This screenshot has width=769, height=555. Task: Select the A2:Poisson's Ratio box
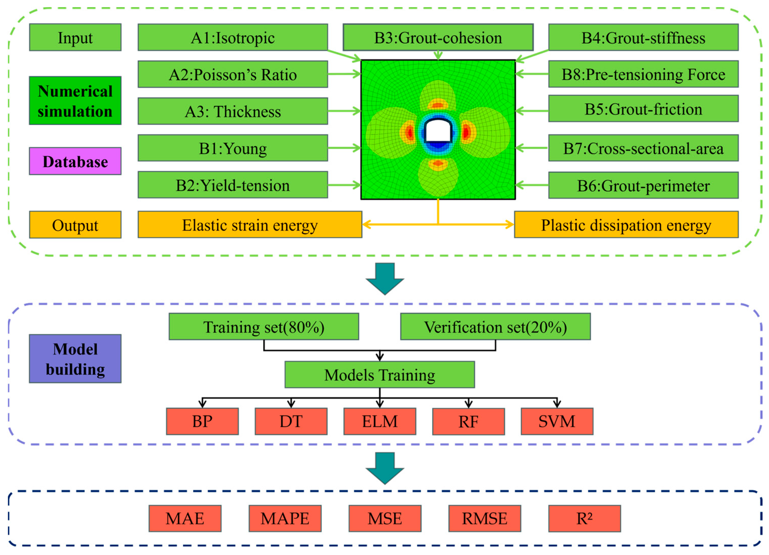[233, 74]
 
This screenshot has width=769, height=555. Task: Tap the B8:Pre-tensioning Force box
[643, 74]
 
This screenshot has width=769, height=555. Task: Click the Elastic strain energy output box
[250, 225]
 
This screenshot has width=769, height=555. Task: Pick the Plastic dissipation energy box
[626, 225]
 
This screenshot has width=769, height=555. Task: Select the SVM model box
[557, 421]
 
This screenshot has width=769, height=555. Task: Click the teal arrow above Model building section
[385, 278]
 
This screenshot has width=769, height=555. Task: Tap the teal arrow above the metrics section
[385, 467]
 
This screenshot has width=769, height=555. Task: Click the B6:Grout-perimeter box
[643, 186]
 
